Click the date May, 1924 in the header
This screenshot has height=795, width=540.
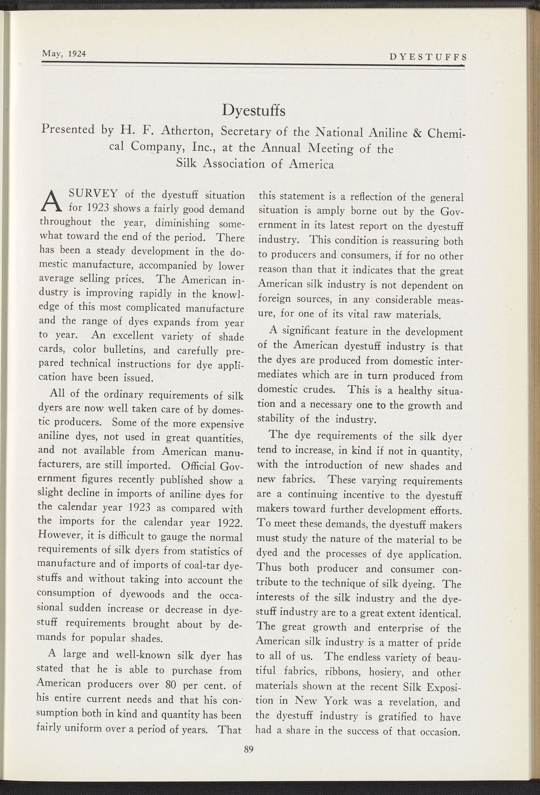coord(63,54)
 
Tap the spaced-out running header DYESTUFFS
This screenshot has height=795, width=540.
coord(428,57)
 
